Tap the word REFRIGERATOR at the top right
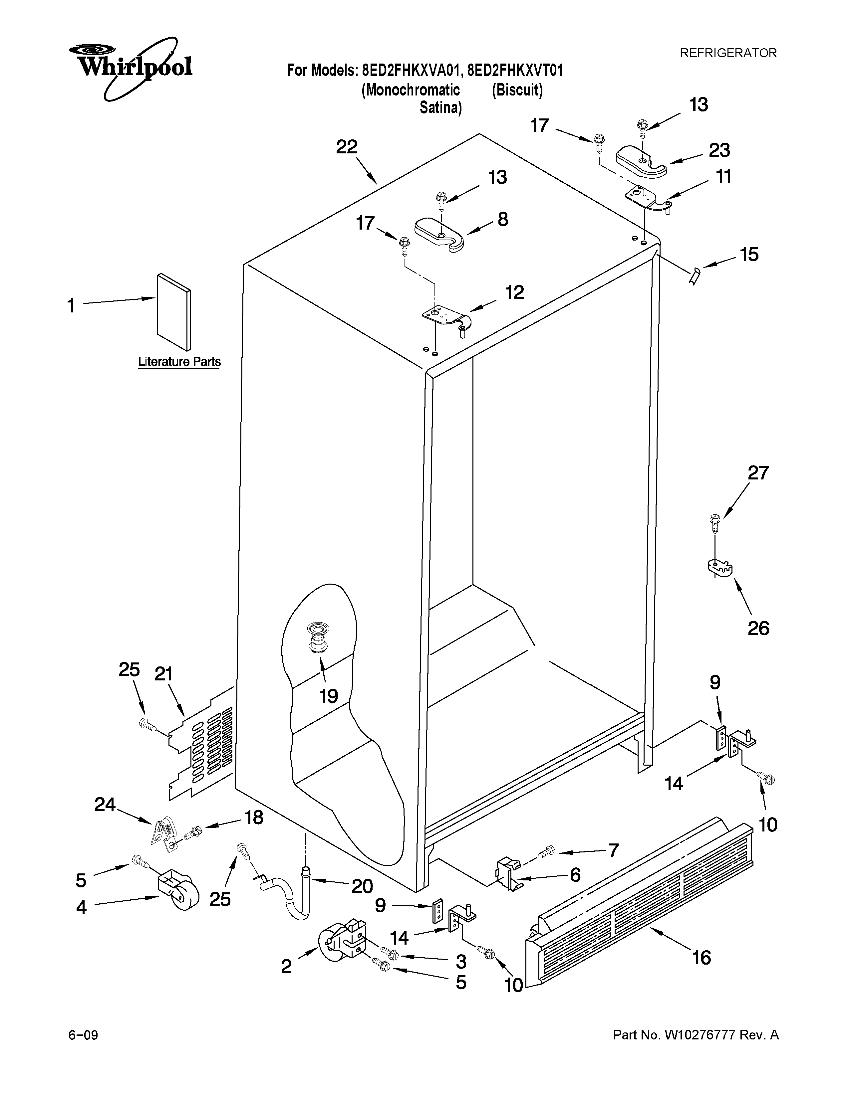[x=728, y=53]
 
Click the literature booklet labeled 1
[x=173, y=312]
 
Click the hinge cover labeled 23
[x=641, y=161]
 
